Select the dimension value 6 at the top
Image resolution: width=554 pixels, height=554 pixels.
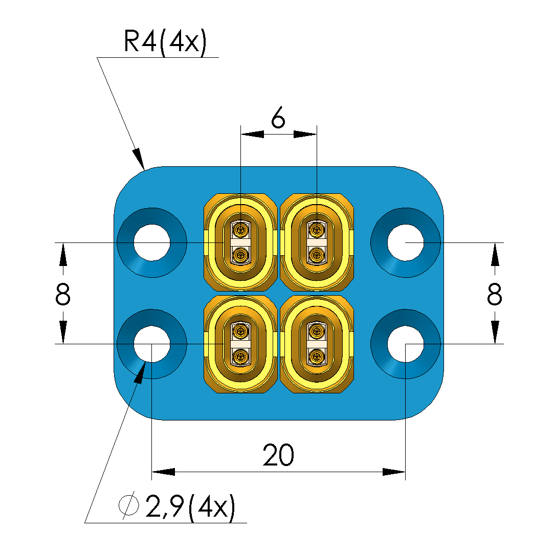[x=278, y=119]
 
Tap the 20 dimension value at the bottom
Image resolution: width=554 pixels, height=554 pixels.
[x=278, y=455]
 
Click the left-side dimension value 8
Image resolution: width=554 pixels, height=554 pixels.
[x=62, y=295]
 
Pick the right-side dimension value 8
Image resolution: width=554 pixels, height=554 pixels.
[x=494, y=295]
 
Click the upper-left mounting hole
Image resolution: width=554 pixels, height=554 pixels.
[x=152, y=242]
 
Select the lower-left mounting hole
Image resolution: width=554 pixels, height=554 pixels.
[x=152, y=344]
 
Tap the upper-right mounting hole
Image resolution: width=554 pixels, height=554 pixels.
[x=405, y=242]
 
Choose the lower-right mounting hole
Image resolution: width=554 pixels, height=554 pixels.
[x=405, y=344]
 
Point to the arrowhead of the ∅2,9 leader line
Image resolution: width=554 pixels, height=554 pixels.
[x=140, y=372]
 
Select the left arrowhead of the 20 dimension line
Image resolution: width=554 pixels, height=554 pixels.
[x=163, y=471]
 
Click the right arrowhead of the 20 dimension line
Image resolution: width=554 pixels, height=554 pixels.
[x=394, y=471]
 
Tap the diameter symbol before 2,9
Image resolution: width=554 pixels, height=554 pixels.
[x=128, y=506]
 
